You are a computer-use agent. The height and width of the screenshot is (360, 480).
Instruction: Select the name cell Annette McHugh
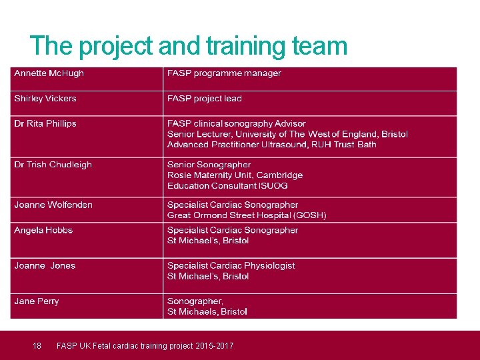pos(49,73)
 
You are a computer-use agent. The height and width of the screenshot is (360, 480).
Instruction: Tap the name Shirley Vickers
pos(45,99)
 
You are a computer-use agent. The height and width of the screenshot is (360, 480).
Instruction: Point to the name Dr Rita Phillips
pos(45,124)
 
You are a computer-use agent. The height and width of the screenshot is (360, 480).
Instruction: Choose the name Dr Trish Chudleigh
pos(53,165)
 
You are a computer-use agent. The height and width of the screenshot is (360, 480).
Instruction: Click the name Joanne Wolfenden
pos(53,205)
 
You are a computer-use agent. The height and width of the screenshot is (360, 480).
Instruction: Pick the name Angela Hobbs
pos(43,230)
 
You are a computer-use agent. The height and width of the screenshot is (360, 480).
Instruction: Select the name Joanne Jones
pos(45,265)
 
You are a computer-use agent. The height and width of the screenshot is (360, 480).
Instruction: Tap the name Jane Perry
pos(37,301)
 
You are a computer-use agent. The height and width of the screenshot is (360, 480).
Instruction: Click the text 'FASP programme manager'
pos(224,73)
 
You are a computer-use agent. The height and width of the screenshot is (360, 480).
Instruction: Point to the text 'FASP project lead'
pos(205,99)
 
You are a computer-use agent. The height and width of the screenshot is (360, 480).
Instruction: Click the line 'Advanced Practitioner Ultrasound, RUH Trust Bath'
pos(271,145)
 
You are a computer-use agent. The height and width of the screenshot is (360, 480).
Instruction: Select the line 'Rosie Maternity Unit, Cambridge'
pos(235,175)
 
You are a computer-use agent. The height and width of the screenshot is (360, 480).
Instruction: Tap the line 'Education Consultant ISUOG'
pos(227,186)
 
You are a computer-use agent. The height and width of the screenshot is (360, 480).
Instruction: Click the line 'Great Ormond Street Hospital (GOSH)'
pos(247,215)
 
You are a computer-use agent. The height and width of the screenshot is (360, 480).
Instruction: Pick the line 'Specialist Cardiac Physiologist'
pos(231,265)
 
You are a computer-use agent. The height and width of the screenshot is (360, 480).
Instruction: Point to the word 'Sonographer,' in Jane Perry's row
pos(195,301)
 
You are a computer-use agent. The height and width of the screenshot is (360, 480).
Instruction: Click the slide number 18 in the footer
pos(37,345)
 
